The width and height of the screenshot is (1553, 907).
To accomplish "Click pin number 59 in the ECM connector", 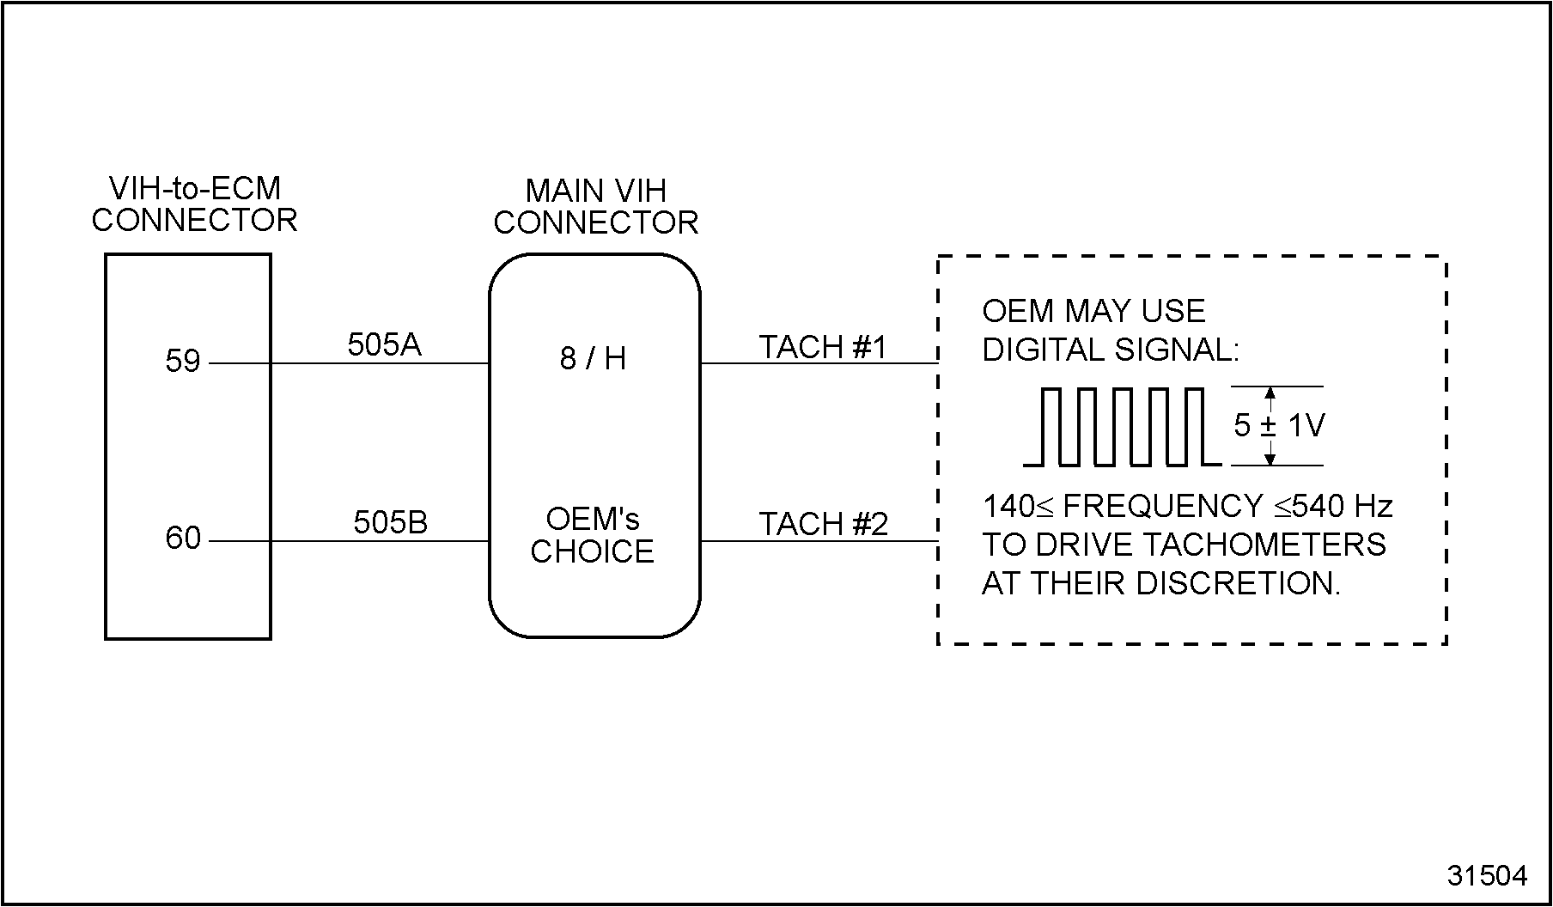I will point(182,362).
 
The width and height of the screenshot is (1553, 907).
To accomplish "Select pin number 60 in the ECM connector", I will point(182,539).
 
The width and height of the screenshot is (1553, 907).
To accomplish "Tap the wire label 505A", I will point(384,345).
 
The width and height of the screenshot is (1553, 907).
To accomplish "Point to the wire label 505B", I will point(390,522).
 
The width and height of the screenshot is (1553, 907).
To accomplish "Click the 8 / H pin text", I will point(593,359).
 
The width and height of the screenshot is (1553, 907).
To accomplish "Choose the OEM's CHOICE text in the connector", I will point(593,535).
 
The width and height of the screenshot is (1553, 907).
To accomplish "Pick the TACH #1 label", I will point(822,348).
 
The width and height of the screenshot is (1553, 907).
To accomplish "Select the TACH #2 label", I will point(823,524).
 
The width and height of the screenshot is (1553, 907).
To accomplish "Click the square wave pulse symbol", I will point(1121,427).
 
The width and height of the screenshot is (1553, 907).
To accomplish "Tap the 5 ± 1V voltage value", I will point(1279,426).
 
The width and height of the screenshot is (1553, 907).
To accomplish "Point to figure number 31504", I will point(1488,875).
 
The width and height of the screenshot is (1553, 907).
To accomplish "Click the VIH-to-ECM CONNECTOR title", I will point(194,204).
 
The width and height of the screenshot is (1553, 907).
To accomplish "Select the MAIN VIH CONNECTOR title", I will point(595,207).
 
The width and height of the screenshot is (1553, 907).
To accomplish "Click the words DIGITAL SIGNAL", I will point(1111,350).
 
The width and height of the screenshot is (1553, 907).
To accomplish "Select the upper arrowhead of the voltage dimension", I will point(1270,393).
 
